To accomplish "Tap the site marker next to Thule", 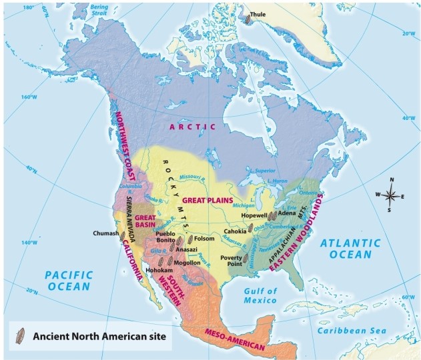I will coord(248,19).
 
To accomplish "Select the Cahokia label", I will coord(236,231).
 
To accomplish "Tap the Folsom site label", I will coord(204,238).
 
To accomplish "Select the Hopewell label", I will coord(254,215).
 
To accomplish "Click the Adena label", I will coord(288,213).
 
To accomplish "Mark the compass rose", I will coord(392,195).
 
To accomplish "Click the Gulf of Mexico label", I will coord(260,296).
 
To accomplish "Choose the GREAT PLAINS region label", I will coord(207,200).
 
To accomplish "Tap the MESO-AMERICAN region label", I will coord(235,339).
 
